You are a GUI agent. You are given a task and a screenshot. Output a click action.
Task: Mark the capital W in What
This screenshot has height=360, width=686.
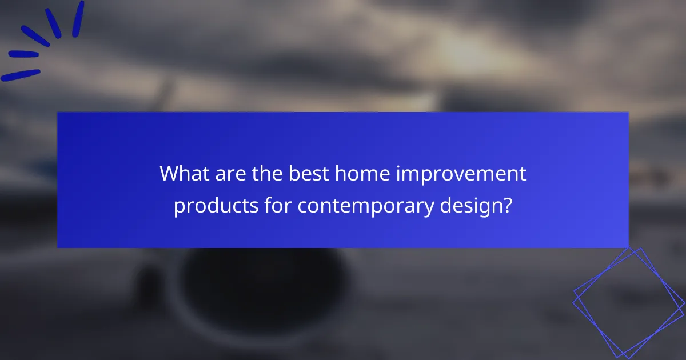(170, 173)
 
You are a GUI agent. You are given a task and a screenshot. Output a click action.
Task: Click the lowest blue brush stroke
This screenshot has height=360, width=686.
(21, 75)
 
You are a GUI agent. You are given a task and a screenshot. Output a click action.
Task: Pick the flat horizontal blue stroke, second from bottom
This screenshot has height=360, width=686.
(23, 55)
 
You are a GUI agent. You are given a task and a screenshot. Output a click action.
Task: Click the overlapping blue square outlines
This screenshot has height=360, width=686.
(629, 303)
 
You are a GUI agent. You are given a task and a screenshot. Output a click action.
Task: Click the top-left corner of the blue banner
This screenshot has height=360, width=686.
(58, 113)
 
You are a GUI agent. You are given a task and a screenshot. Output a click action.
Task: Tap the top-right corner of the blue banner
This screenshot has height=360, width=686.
(628, 113)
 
